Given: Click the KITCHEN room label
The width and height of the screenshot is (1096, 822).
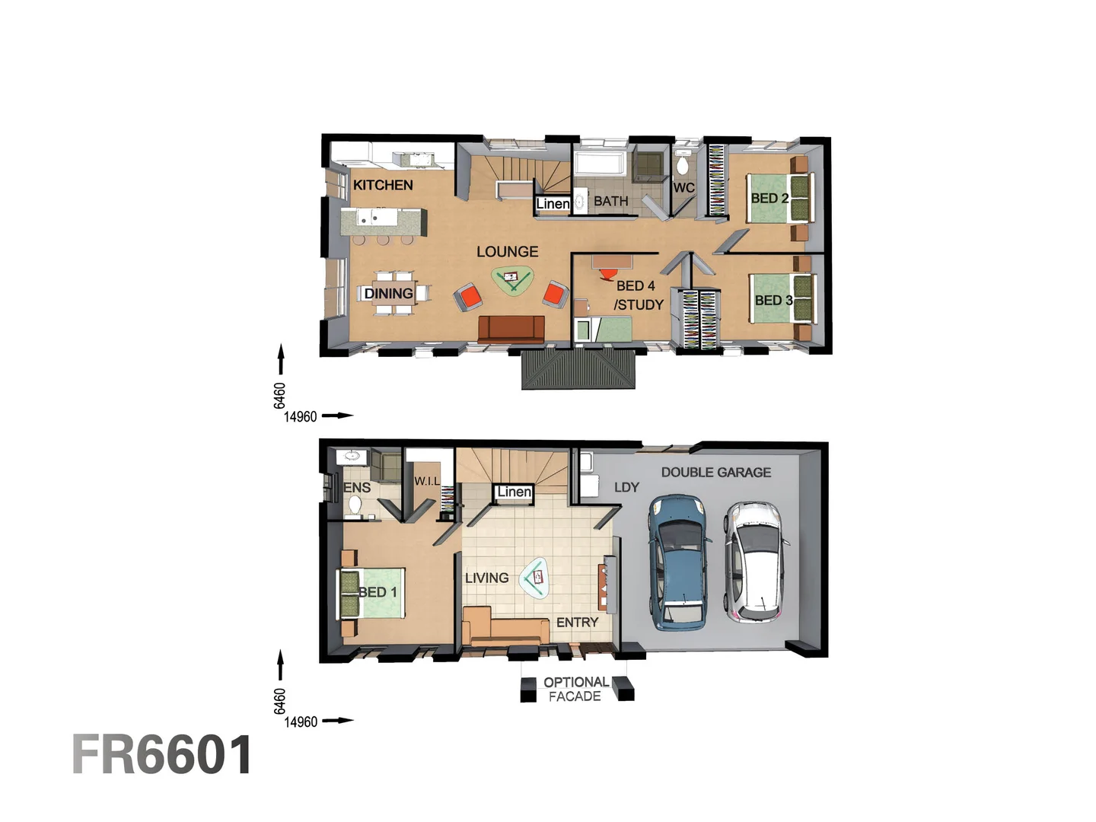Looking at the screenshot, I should click(x=383, y=185).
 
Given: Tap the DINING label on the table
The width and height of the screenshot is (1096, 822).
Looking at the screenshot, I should click(x=388, y=294).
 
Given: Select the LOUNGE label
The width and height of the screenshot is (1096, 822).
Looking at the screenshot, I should click(x=507, y=252).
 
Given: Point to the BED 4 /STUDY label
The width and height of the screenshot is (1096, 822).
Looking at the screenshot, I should click(x=638, y=295).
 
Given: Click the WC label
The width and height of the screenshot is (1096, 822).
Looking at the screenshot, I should click(x=683, y=188).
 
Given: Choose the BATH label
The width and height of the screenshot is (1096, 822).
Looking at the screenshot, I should click(x=610, y=202).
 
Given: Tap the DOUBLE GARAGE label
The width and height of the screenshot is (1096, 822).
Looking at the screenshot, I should click(x=715, y=473).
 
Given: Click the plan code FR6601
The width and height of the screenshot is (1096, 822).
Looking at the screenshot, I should click(x=162, y=755).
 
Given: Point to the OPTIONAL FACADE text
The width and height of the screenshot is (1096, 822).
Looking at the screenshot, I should click(x=575, y=689).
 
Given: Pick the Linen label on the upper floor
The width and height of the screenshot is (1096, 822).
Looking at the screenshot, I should click(x=553, y=204).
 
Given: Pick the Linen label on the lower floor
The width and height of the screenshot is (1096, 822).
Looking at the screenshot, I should click(x=514, y=492).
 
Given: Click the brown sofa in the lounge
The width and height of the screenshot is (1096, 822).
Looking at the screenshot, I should click(x=511, y=329).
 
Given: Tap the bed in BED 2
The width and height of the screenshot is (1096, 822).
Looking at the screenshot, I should click(x=777, y=199).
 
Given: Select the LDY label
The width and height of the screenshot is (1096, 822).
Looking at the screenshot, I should click(x=626, y=487).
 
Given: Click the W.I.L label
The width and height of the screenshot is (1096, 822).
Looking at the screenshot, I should click(x=426, y=481).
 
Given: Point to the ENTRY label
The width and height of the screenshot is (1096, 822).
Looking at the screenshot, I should click(x=577, y=623).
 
